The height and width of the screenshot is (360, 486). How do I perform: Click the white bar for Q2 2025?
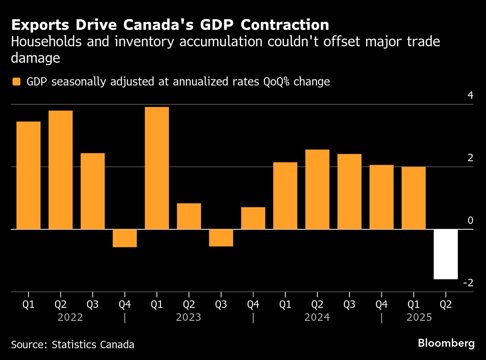446,254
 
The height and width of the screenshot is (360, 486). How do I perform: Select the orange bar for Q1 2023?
157,168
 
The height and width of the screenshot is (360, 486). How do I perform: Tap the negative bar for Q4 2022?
125,238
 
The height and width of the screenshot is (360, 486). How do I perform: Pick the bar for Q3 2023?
221,238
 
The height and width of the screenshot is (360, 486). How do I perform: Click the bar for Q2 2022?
60,170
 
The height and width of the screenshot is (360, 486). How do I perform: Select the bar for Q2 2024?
317,189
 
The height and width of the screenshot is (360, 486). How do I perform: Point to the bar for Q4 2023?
253,218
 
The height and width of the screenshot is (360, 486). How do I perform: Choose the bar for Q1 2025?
413,198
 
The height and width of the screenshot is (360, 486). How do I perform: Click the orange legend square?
16,82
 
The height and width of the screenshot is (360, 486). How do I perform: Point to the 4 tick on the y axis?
470,96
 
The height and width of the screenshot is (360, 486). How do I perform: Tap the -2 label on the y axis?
468,283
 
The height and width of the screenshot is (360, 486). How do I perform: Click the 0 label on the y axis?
470,221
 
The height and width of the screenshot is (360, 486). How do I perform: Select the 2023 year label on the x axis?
189,317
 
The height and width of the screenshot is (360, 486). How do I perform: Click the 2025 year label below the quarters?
419,317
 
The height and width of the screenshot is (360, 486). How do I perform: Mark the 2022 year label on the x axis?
70,317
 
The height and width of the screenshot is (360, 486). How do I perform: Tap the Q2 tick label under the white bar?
446,305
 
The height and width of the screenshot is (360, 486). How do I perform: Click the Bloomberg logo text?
446,344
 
